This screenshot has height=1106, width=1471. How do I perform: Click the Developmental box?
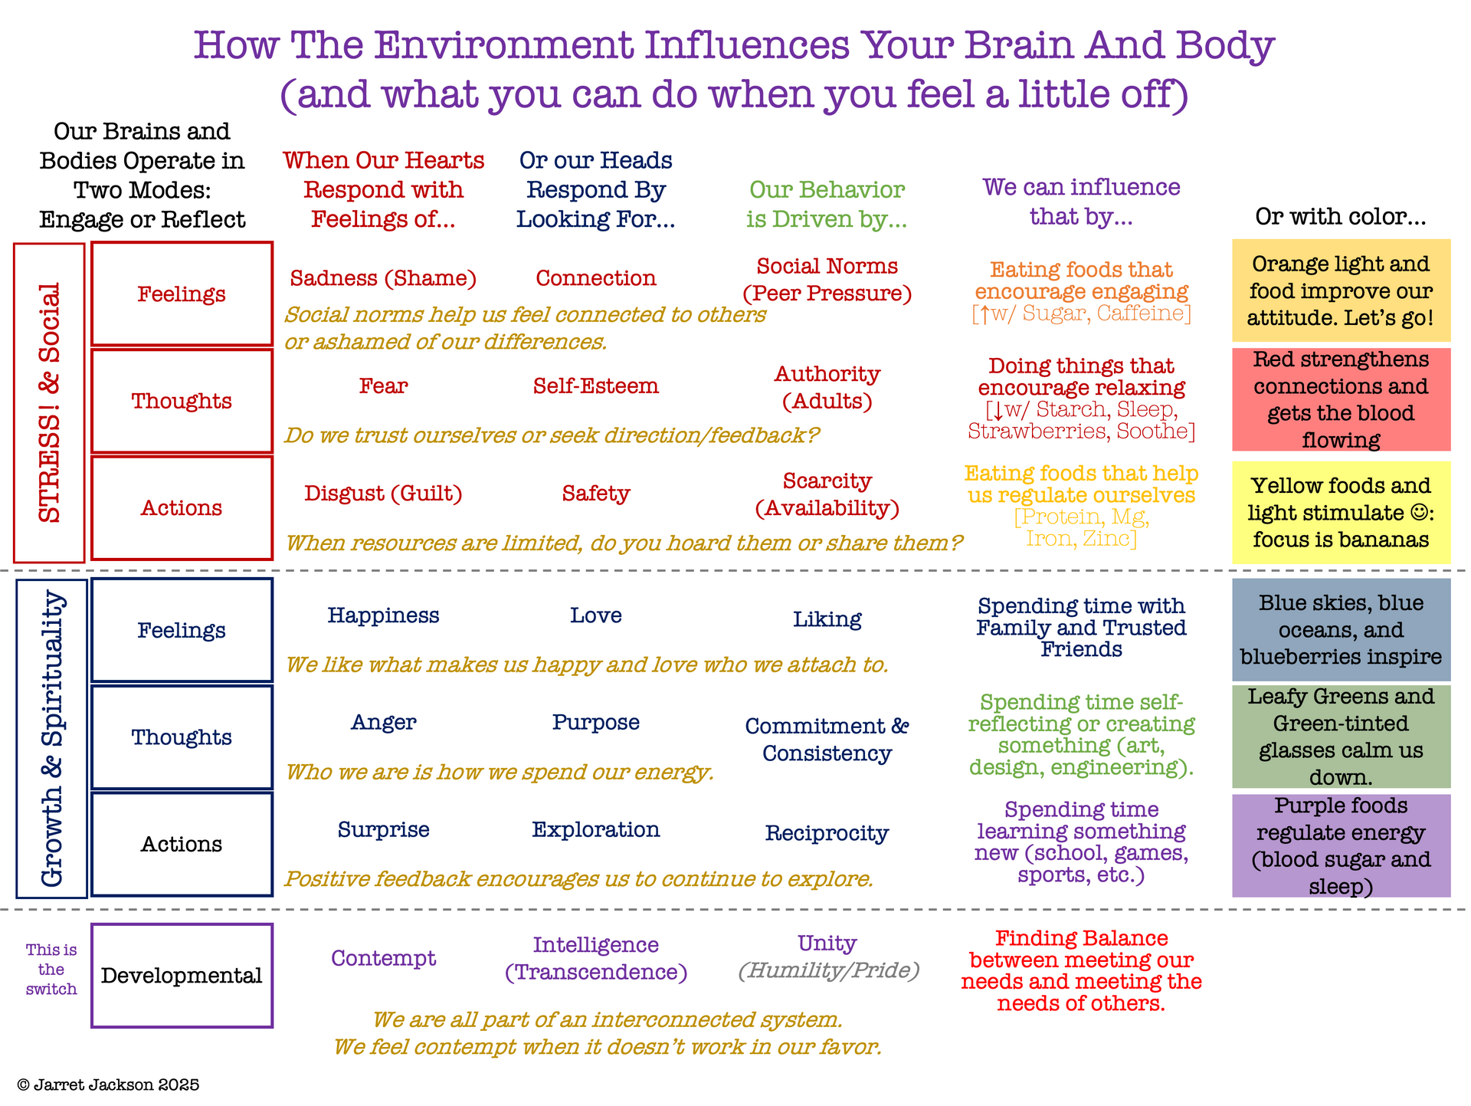[182, 975]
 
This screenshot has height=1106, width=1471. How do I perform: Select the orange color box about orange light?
[1341, 290]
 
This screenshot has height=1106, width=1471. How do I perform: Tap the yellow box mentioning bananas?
[1341, 512]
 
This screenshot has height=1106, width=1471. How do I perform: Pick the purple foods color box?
[1341, 845]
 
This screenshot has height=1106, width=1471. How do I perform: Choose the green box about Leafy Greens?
[1341, 737]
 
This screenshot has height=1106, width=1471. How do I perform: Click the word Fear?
[383, 386]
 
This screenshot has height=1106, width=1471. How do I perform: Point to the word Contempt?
[383, 958]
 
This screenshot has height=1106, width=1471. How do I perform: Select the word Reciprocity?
[827, 833]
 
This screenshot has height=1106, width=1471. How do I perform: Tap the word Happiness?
[383, 615]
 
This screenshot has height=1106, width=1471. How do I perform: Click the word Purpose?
[595, 722]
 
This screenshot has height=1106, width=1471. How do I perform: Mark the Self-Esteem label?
[595, 386]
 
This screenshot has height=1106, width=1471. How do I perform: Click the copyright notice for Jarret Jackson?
[108, 1085]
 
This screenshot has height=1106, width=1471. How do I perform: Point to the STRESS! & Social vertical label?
[49, 402]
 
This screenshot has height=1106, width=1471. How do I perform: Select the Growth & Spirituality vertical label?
[51, 738]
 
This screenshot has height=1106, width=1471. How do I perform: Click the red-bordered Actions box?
[182, 507]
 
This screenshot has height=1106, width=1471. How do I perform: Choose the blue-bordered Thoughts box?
[182, 737]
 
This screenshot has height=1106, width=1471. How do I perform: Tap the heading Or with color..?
[1340, 216]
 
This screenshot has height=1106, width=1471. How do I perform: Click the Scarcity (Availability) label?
[827, 494]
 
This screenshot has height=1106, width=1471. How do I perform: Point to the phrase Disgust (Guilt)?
[383, 493]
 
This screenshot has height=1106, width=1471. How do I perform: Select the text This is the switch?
[51, 970]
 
